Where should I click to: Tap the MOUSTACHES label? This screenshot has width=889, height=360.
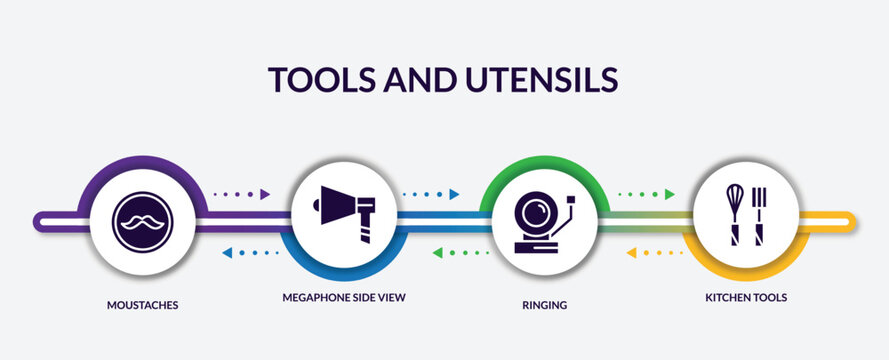(143, 304)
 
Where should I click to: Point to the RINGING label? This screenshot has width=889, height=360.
(545, 304)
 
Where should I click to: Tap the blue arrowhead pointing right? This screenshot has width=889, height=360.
(454, 194)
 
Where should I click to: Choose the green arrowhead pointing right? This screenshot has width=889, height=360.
(669, 194)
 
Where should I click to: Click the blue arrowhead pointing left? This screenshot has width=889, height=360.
(226, 253)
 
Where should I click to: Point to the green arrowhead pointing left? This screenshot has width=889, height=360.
(437, 253)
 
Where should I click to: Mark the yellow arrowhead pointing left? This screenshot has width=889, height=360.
(631, 253)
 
